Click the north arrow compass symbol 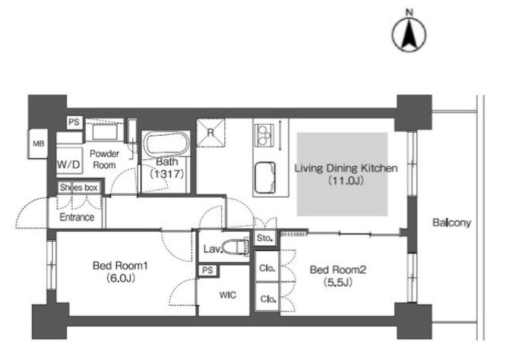point(409,34)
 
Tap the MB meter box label point(38,144)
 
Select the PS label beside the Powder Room point(74,122)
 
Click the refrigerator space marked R point(211,133)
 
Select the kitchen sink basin point(265,178)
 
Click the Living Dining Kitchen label point(346,168)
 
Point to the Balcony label point(452,223)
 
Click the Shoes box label point(78,187)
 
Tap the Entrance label point(77,217)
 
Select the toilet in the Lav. point(236,247)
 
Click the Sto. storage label point(265,238)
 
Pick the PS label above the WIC point(208,270)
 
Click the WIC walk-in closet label point(227,295)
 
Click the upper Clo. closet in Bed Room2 point(267,267)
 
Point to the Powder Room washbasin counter point(105,131)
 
